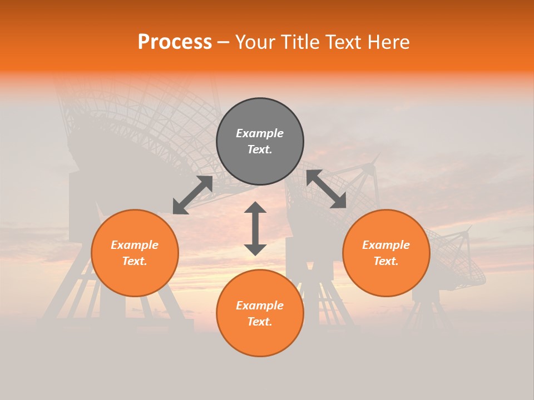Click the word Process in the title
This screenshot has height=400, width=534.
coord(175,42)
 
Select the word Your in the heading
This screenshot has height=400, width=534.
coord(255,42)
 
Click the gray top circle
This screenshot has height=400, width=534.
coord(260,122)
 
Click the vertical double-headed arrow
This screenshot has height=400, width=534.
coord(255,229)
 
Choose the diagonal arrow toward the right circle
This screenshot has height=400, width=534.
coord(327,189)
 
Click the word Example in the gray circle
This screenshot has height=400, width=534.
coord(260,133)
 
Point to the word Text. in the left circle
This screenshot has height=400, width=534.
coord(135,261)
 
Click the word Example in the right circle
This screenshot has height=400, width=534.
coord(386,245)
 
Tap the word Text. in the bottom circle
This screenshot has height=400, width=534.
coord(260,322)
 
